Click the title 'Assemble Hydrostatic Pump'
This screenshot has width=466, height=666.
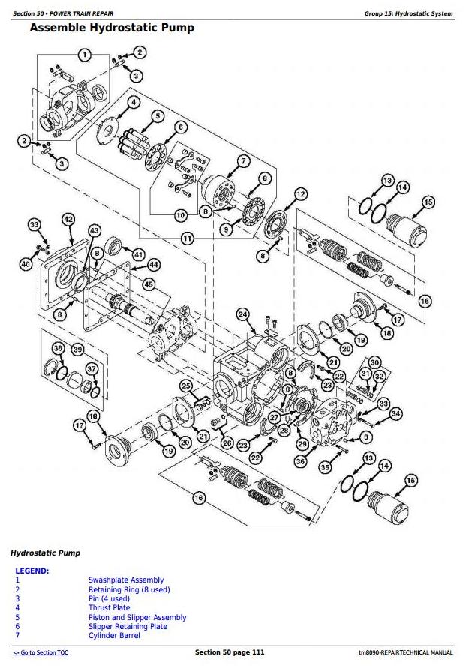tap(111, 28)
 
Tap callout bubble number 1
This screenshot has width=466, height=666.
tap(85, 55)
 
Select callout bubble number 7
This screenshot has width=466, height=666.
tap(243, 161)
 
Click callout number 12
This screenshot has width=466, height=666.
tap(300, 194)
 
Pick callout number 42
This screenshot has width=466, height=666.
tap(68, 219)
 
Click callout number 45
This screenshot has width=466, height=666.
tap(149, 284)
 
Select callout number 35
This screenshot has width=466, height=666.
tap(326, 467)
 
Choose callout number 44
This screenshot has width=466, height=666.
tap(153, 264)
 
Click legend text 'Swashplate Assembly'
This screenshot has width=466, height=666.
tap(126, 580)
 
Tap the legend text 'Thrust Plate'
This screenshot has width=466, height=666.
tap(109, 608)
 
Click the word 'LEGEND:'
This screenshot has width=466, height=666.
tap(32, 571)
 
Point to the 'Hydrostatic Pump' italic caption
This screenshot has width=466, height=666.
tap(45, 553)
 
